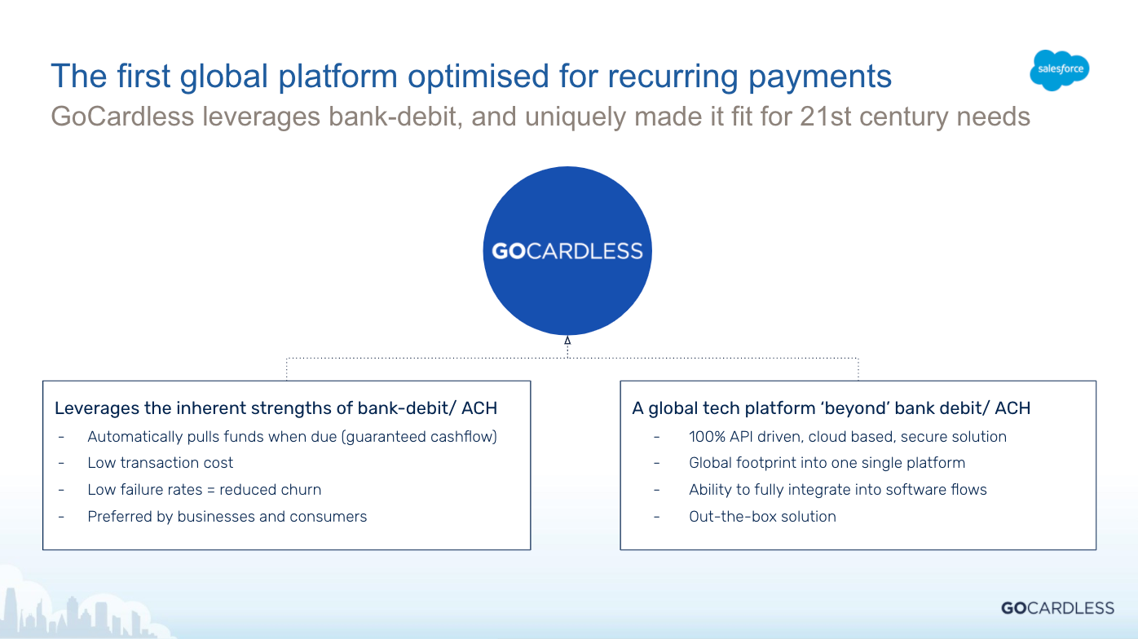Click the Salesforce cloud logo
(x=1059, y=70)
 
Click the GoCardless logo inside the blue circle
(x=567, y=251)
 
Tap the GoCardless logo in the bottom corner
(x=1057, y=608)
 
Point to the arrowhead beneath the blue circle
(x=567, y=340)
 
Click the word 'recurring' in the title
(x=673, y=77)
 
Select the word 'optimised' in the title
(x=478, y=77)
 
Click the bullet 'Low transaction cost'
(x=160, y=463)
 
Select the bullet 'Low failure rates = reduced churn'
(x=205, y=490)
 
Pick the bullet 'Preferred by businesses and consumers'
(x=227, y=517)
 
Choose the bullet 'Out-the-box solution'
(x=762, y=517)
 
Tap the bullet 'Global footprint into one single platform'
(x=827, y=463)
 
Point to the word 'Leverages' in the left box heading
(x=96, y=408)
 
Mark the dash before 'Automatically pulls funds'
(x=61, y=437)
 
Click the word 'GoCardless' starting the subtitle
(x=122, y=117)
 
